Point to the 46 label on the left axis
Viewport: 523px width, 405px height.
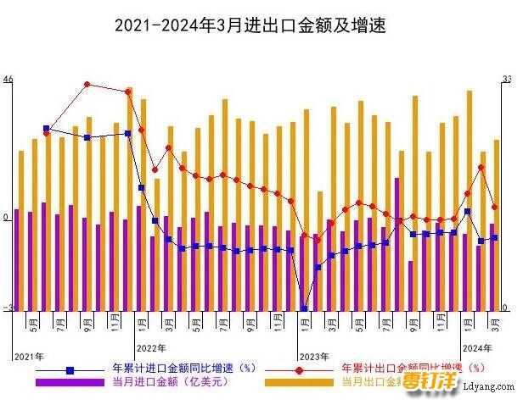8,80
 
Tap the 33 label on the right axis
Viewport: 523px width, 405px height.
507,80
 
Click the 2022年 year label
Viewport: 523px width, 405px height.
152,348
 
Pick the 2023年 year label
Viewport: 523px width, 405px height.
314,355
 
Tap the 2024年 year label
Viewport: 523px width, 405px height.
477,348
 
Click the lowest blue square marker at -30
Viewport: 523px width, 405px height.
304,309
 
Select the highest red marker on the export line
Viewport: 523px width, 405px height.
87,84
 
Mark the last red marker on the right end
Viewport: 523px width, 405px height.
495,206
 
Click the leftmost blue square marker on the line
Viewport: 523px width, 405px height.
46,129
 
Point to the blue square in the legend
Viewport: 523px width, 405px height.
70,369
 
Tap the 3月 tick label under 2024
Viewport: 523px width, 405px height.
495,321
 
